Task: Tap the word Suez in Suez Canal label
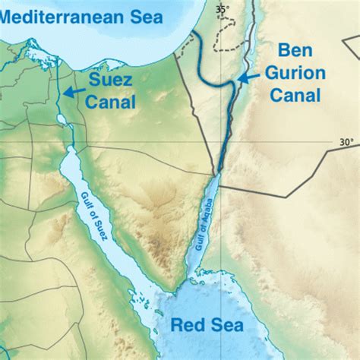click(x=111, y=79)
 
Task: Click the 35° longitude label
click(x=221, y=9)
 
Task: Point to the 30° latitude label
click(x=346, y=141)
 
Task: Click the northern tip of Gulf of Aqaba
click(x=219, y=171)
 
